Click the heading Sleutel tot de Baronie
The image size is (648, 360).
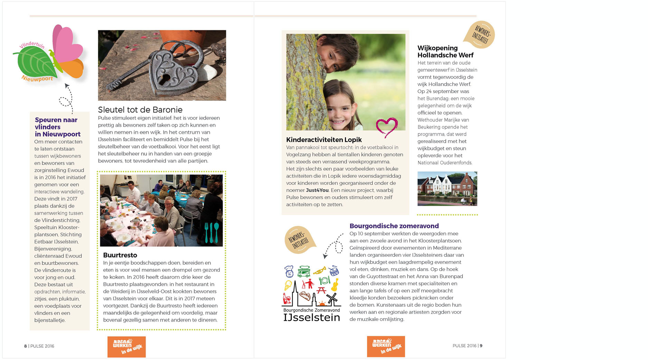tap(140, 110)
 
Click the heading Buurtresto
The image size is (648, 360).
tap(120, 255)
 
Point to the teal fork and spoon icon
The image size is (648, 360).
tap(212, 232)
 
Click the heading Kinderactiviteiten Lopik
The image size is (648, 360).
tap(324, 140)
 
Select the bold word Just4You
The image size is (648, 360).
tap(317, 190)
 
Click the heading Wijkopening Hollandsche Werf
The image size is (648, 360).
tap(445, 51)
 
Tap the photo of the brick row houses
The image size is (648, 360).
tap(447, 189)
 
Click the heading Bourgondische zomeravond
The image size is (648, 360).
tap(394, 226)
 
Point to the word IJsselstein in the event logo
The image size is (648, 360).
tap(312, 318)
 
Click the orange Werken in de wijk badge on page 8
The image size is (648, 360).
tap(126, 347)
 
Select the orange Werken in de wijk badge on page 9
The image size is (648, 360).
tap(386, 347)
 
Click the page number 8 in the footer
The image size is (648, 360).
tap(25, 346)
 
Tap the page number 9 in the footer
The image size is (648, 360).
tap(481, 346)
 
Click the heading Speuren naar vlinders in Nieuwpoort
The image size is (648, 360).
tap(57, 127)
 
